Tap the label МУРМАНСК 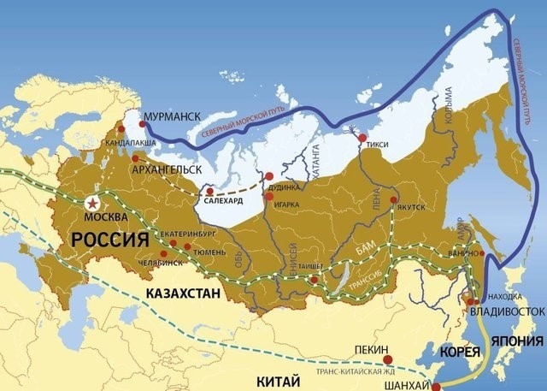[174, 113]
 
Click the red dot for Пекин [387, 359]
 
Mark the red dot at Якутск [394, 201]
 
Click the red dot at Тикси [362, 138]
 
